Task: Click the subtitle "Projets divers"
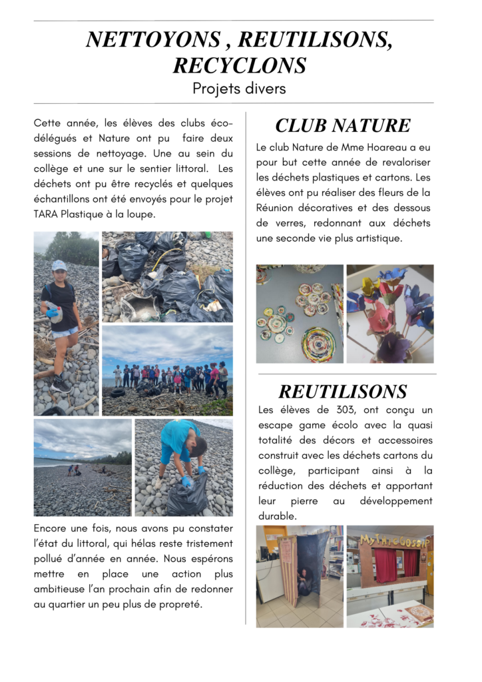pos(239,88)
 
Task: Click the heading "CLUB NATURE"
pos(343,125)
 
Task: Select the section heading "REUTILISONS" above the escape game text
pos(343,391)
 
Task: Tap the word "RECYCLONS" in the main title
pos(240,65)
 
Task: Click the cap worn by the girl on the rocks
pos(59,264)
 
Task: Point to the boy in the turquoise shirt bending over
pos(180,446)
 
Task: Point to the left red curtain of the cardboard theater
pos(384,565)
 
